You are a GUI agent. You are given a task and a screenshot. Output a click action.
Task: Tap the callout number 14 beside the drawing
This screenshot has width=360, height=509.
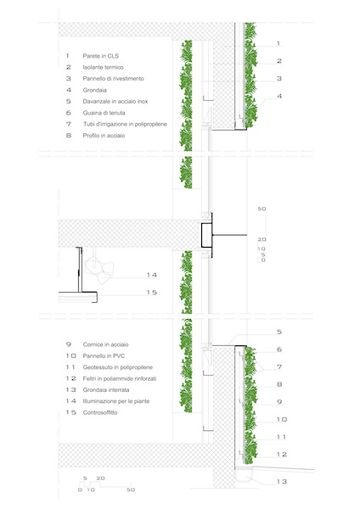[x=151, y=275]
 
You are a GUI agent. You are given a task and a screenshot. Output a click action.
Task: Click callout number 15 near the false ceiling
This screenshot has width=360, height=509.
[x=151, y=293]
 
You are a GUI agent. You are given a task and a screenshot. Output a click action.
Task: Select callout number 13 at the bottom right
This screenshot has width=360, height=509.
[x=284, y=482]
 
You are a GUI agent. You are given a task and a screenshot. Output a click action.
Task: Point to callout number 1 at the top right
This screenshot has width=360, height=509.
[x=278, y=42]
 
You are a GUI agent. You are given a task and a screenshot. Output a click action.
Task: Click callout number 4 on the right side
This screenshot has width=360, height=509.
[x=278, y=97]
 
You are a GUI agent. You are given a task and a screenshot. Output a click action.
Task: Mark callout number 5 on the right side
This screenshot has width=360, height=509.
[x=278, y=332]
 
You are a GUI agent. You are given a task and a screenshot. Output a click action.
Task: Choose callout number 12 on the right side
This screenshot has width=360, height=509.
[x=284, y=455]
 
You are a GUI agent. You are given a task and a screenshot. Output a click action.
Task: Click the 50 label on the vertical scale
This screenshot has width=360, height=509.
[x=262, y=208]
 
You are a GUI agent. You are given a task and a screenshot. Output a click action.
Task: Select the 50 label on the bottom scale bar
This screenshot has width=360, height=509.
[x=131, y=490]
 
